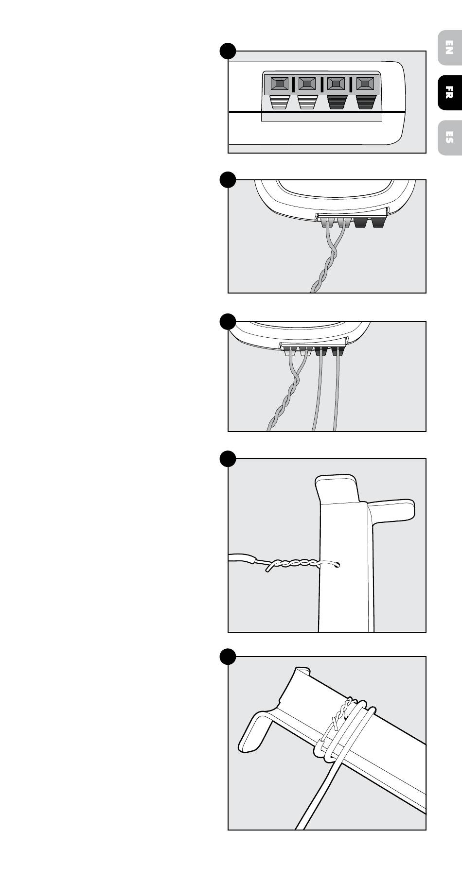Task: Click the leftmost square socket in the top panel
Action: [x=279, y=84]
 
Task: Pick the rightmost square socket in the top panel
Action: [x=365, y=84]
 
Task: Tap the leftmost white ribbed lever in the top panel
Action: [x=279, y=102]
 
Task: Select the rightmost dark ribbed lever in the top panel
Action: [x=365, y=102]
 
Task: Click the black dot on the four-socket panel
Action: [x=228, y=51]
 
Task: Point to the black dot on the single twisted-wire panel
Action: [x=228, y=179]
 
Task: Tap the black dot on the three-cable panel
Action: [x=228, y=321]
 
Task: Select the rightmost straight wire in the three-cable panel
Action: [x=337, y=393]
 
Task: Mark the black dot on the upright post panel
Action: [x=228, y=458]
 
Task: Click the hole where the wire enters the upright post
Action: [x=337, y=565]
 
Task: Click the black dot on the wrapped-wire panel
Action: [x=228, y=657]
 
